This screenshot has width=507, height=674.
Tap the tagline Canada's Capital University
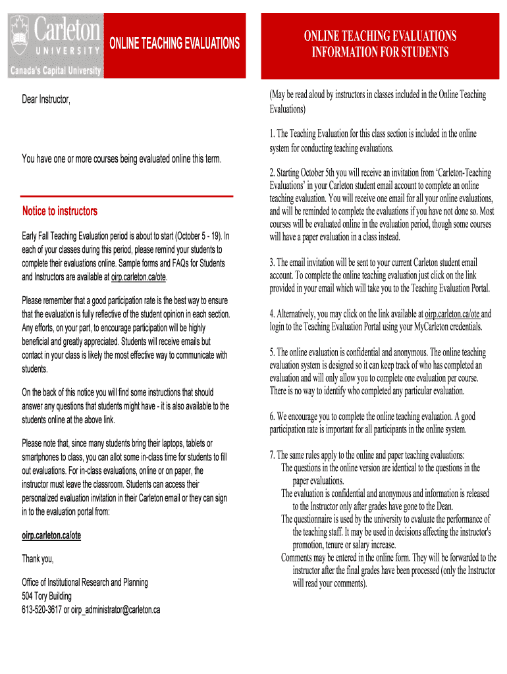54,70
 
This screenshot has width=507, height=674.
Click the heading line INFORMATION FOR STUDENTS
380,52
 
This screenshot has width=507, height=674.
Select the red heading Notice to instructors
60,211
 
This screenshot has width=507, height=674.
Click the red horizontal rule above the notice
127,196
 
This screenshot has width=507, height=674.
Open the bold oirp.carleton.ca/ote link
51,536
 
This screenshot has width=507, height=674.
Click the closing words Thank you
38,559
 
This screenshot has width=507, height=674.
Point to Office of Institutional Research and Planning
85,583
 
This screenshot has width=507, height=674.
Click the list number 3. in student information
273,262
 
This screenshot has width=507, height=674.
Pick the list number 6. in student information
273,417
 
